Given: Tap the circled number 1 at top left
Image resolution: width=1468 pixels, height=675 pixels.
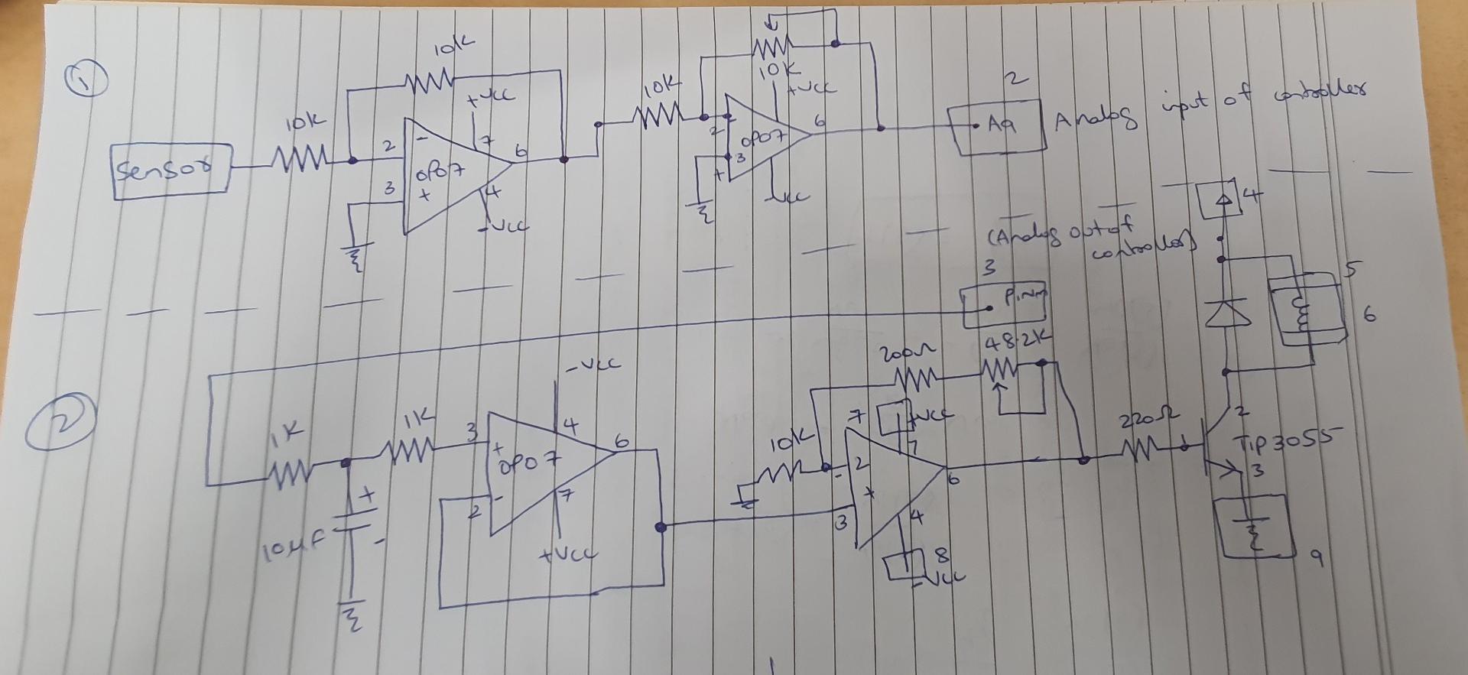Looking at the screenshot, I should pyautogui.click(x=89, y=80).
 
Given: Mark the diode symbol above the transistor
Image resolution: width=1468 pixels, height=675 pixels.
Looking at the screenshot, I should pyautogui.click(x=1226, y=313).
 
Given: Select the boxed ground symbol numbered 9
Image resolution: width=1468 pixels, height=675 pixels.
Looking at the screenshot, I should pyautogui.click(x=1252, y=527).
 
